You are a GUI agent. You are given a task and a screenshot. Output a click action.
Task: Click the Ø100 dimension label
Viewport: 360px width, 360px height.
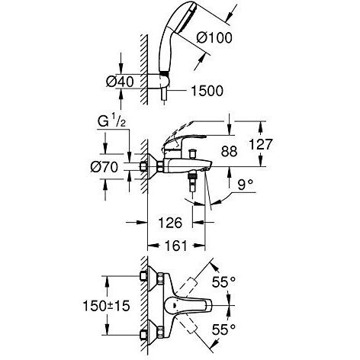pyautogui.click(x=214, y=38)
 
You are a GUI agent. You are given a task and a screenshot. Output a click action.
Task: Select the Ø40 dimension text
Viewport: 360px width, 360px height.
pyautogui.click(x=120, y=82)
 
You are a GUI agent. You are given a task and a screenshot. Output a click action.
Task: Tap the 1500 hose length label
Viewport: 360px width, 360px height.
pyautogui.click(x=207, y=91)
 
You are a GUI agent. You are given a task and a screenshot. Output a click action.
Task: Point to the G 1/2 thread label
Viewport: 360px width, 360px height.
pyautogui.click(x=111, y=122)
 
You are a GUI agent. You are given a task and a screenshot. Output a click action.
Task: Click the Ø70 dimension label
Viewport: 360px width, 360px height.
pyautogui.click(x=104, y=167)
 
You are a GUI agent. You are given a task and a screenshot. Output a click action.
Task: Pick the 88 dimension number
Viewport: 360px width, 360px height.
pyautogui.click(x=229, y=151)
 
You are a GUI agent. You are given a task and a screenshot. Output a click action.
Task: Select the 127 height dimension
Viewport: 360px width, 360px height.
pyautogui.click(x=260, y=144)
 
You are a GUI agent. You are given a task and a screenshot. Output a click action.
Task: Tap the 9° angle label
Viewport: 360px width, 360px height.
pyautogui.click(x=246, y=185)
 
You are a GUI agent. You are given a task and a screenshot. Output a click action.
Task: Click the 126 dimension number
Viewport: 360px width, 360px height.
pyautogui.click(x=170, y=223)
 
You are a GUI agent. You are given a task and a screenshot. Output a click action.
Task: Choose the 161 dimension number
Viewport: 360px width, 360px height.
pyautogui.click(x=176, y=246)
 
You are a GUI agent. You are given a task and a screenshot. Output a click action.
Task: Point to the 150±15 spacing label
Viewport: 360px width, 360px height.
pyautogui.click(x=106, y=306)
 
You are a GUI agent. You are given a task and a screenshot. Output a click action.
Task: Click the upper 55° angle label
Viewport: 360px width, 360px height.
pyautogui.click(x=223, y=281)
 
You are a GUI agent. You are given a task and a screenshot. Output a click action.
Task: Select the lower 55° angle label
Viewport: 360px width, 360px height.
pyautogui.click(x=223, y=329)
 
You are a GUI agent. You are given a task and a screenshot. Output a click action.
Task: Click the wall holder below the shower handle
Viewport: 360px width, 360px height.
pyautogui.click(x=164, y=81)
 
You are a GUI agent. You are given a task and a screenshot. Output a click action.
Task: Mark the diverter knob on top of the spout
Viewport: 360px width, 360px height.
pyautogui.click(x=192, y=154)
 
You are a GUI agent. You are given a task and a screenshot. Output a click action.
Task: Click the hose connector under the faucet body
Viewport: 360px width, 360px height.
pyautogui.click(x=192, y=182)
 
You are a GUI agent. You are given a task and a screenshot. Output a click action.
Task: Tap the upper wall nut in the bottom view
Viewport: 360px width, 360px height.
pyautogui.click(x=144, y=276)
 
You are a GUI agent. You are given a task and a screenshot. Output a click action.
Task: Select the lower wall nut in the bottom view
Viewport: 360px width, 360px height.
pyautogui.click(x=144, y=335)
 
